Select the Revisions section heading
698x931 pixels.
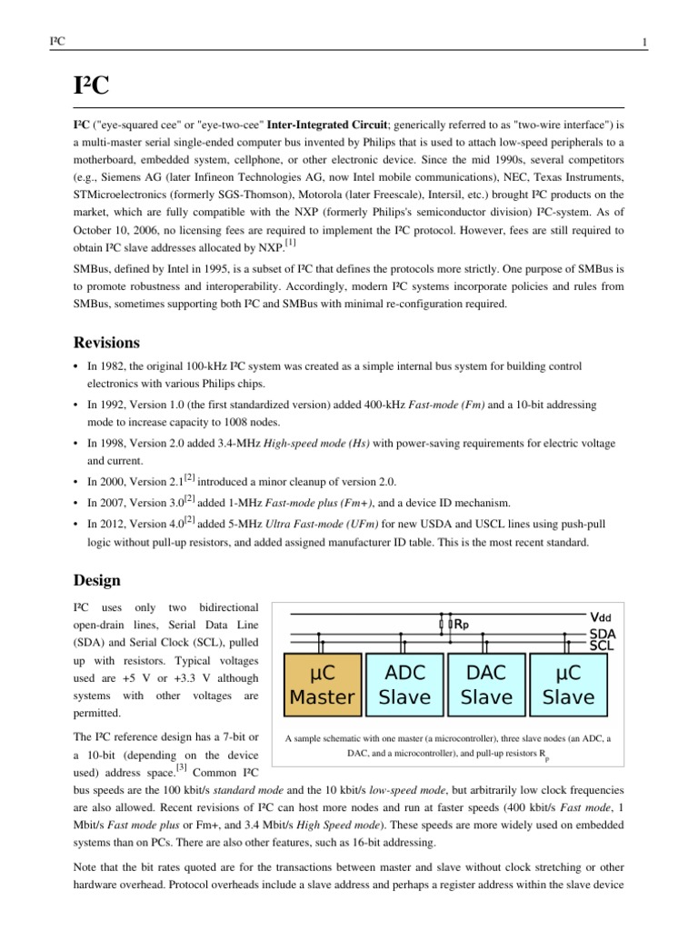[105, 343]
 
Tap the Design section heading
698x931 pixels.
[96, 579]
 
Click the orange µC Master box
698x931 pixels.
[321, 685]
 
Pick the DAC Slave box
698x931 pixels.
[486, 685]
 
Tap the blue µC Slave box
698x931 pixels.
[568, 685]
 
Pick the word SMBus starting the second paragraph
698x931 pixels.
[92, 270]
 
